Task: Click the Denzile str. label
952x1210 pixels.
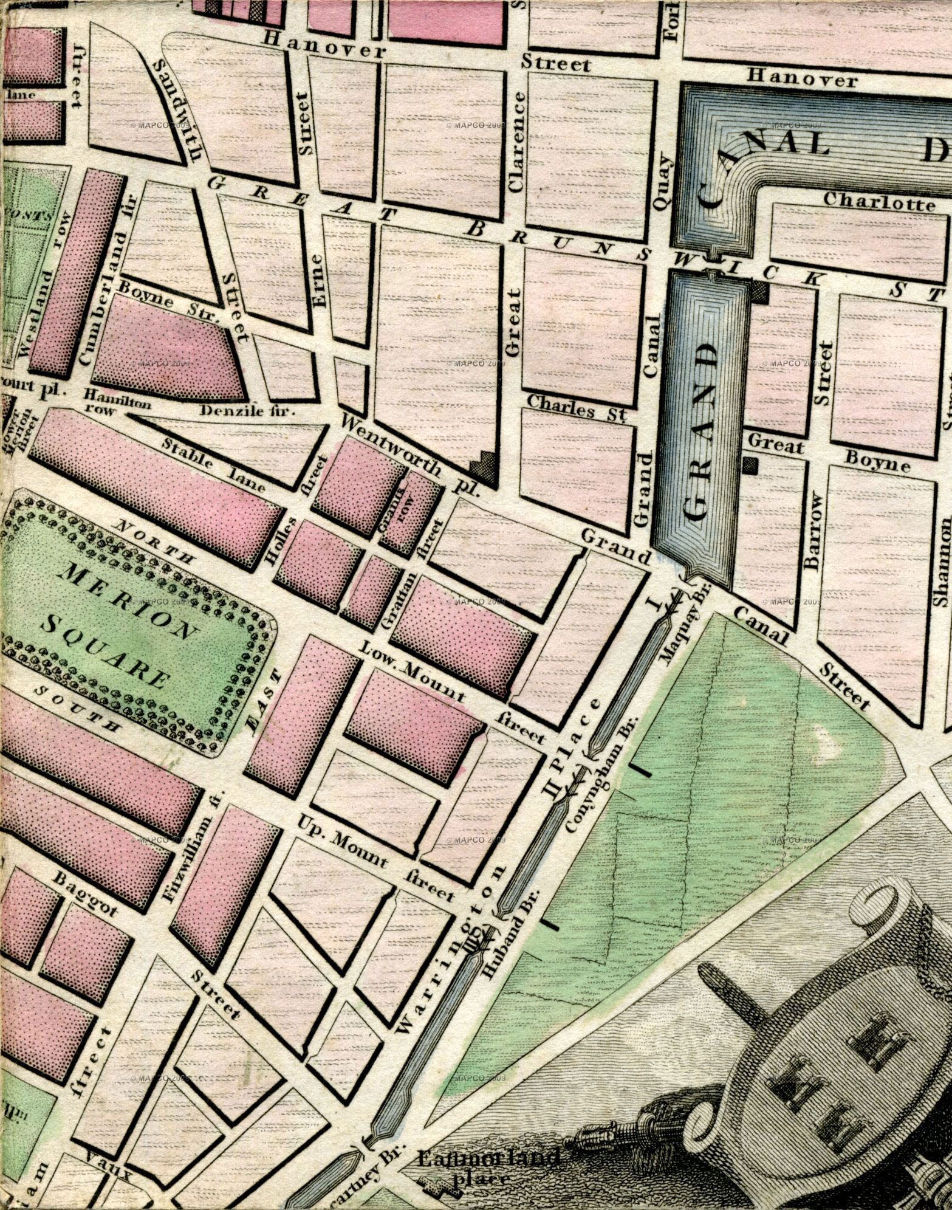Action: click(247, 411)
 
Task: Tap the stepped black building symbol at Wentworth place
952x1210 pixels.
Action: click(484, 464)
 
